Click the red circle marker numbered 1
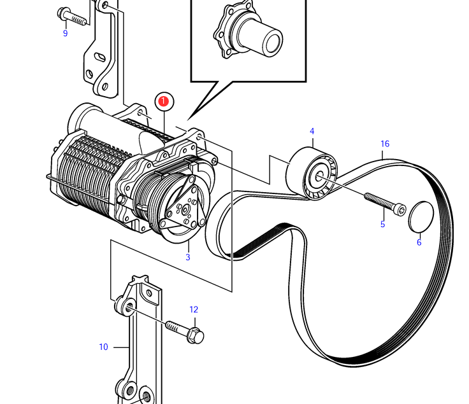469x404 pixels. click(x=164, y=101)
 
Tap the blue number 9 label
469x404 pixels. click(x=65, y=33)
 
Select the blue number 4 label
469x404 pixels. click(x=312, y=131)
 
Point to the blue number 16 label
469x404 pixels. click(x=385, y=144)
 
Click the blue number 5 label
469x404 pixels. click(x=382, y=224)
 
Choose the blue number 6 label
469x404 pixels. click(x=419, y=242)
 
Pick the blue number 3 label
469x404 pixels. click(x=188, y=257)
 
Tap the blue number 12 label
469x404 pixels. click(x=194, y=309)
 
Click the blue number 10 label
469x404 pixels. click(x=103, y=347)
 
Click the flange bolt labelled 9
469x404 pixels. click(x=72, y=17)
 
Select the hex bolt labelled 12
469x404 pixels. click(x=185, y=331)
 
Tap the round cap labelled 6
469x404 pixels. click(x=421, y=217)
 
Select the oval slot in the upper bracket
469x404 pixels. click(x=100, y=57)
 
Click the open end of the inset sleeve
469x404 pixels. click(x=272, y=42)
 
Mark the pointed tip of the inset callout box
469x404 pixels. click(x=187, y=120)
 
